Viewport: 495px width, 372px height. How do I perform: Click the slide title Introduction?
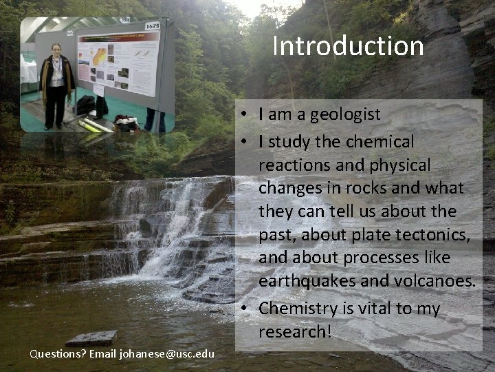(348, 46)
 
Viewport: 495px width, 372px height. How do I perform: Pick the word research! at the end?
(295, 331)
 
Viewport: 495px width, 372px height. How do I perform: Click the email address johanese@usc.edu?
(167, 353)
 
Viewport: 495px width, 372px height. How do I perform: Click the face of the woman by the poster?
(56, 50)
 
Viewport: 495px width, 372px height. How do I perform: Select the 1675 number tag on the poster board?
(153, 26)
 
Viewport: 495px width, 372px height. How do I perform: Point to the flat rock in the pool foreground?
(91, 338)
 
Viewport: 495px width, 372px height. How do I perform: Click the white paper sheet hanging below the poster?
(98, 90)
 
